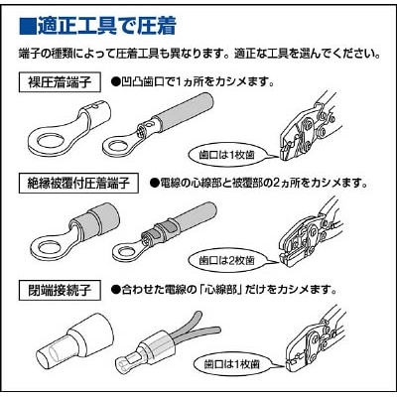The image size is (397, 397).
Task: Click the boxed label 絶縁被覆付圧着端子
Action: [80, 183]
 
